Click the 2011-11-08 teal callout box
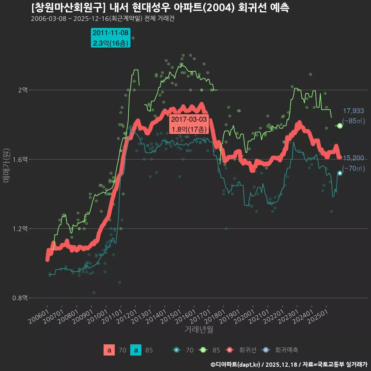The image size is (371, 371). point(111,38)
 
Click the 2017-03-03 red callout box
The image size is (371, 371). point(189,124)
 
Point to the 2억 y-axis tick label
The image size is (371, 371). point(22,90)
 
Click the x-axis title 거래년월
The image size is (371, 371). point(199,330)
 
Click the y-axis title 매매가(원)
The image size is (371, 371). point(6,164)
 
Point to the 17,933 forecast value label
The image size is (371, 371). point(353,111)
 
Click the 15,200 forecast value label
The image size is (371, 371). point(353,158)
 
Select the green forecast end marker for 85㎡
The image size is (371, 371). point(340,126)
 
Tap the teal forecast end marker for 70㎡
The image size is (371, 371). point(340,173)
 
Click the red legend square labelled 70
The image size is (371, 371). point(109,350)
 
